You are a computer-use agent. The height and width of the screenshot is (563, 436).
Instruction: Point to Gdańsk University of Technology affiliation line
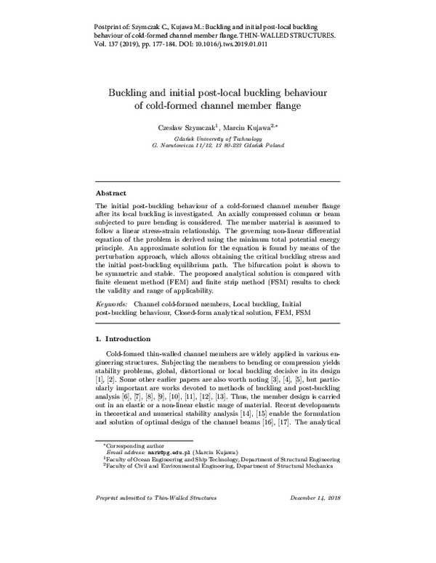(218, 137)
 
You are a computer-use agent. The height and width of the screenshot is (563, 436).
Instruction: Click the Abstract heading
(112, 194)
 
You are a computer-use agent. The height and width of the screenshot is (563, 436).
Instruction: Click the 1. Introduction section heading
(124, 339)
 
